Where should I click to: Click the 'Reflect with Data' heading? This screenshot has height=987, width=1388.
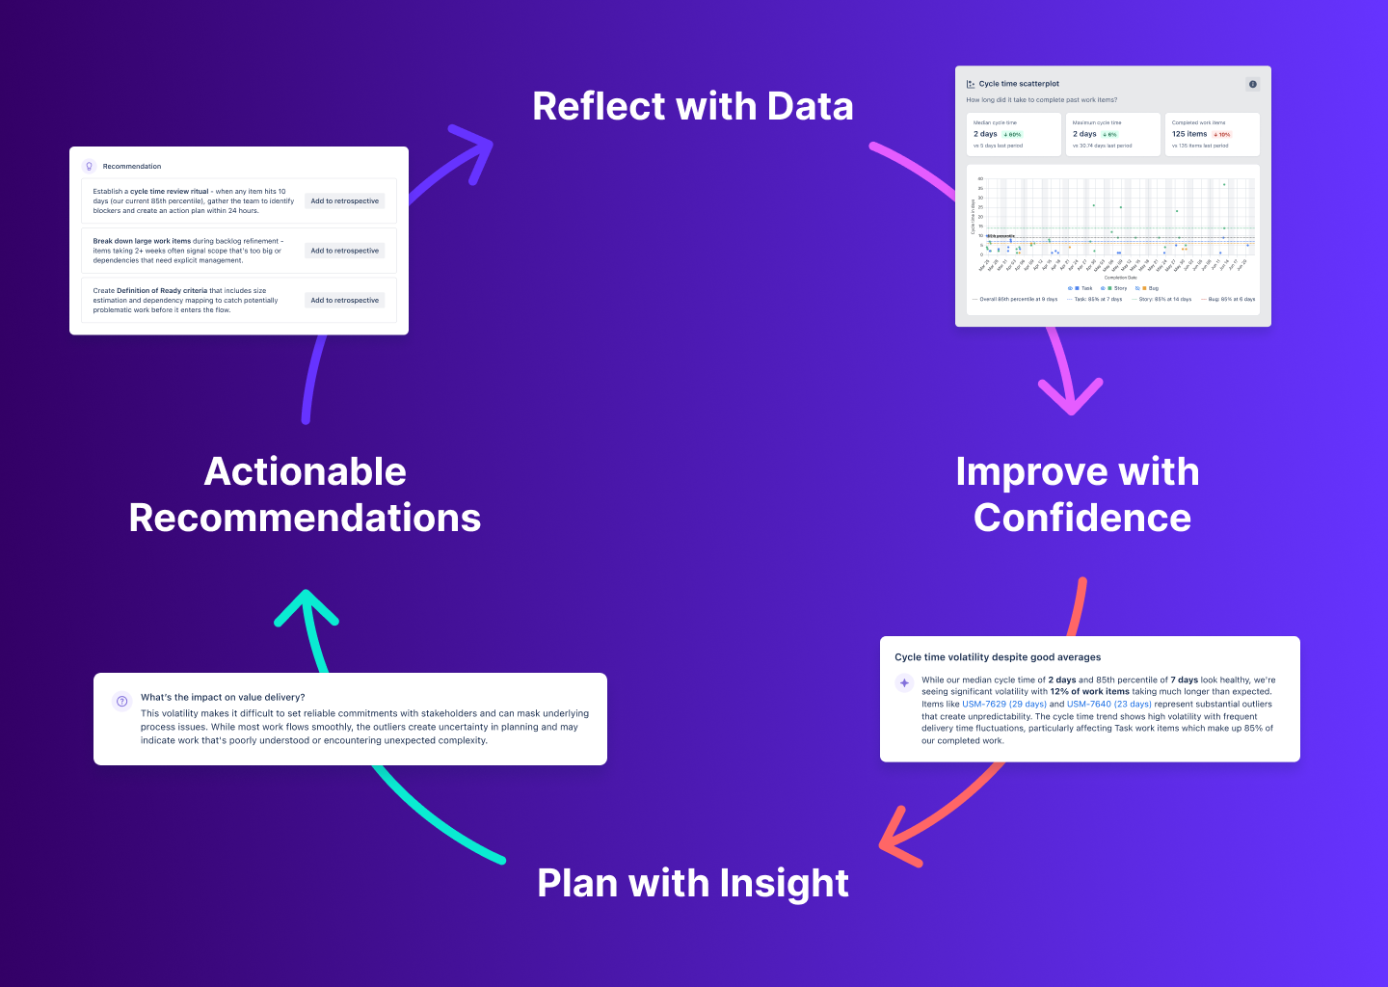tap(692, 106)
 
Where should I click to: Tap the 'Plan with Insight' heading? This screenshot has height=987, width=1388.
tap(692, 883)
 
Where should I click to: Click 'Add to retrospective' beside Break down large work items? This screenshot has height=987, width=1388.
tap(344, 251)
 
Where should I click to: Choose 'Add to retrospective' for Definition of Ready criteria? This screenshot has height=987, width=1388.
tap(344, 301)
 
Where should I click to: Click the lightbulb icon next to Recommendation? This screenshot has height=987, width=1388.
tap(90, 166)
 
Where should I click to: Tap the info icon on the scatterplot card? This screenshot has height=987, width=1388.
tap(1252, 84)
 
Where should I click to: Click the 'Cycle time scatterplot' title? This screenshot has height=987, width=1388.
tap(1019, 84)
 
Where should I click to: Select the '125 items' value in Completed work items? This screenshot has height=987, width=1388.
tap(1188, 134)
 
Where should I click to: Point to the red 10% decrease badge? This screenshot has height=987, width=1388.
tap(1222, 135)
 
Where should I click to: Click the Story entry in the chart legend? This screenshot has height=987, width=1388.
tap(1118, 288)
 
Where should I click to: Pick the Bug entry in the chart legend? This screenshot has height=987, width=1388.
tap(1151, 288)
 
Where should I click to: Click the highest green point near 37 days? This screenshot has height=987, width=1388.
tap(1224, 184)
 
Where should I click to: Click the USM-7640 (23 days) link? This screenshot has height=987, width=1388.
tap(1108, 704)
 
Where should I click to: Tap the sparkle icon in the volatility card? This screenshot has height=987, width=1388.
tap(904, 682)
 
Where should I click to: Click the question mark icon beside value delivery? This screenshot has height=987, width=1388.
tap(121, 701)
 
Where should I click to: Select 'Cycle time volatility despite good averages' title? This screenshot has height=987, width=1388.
tap(997, 657)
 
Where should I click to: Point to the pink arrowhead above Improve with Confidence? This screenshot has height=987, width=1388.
tap(1071, 399)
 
